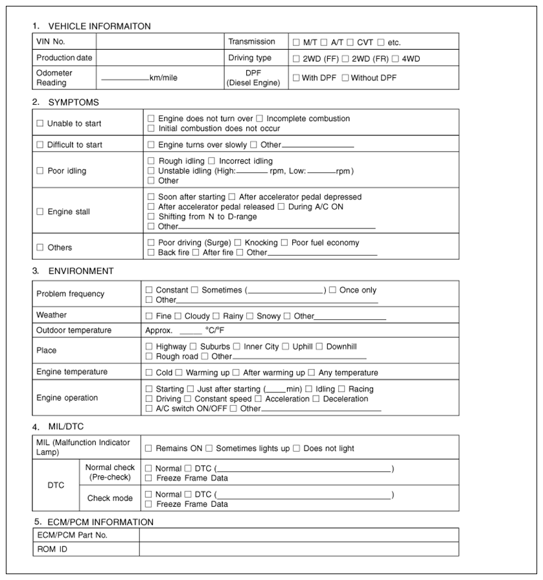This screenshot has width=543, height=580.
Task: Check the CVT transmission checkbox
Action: tap(350, 43)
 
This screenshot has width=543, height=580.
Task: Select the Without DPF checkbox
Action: tap(345, 78)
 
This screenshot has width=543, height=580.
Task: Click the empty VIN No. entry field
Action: tap(159, 42)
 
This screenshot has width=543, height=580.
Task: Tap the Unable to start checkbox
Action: tap(40, 124)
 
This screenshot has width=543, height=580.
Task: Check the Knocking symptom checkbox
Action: tap(238, 243)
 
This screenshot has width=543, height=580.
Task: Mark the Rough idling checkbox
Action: tap(151, 161)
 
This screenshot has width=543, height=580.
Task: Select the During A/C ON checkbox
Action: tap(281, 207)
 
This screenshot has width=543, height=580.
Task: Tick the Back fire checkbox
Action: tap(151, 252)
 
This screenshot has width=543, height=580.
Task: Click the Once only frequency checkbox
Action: tap(332, 290)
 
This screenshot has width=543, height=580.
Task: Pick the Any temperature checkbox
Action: tap(312, 373)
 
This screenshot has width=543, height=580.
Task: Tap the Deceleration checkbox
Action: tap(316, 399)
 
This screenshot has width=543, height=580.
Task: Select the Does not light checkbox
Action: tap(296, 449)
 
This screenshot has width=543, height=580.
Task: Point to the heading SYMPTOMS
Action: tap(73, 102)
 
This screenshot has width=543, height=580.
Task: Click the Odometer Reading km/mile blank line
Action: tap(125, 78)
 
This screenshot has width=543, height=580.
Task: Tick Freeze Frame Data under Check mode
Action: tap(149, 504)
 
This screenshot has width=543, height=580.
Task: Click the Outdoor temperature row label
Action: tap(74, 331)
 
